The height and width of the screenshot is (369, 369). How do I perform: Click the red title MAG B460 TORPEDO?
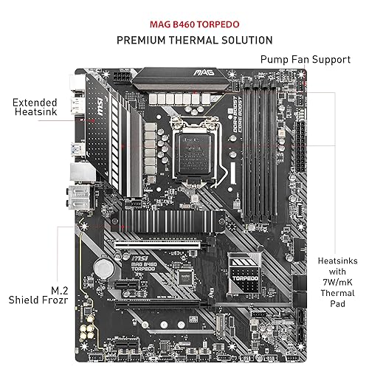[x=184, y=20]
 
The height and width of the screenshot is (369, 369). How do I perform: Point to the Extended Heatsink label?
[x=32, y=106]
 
